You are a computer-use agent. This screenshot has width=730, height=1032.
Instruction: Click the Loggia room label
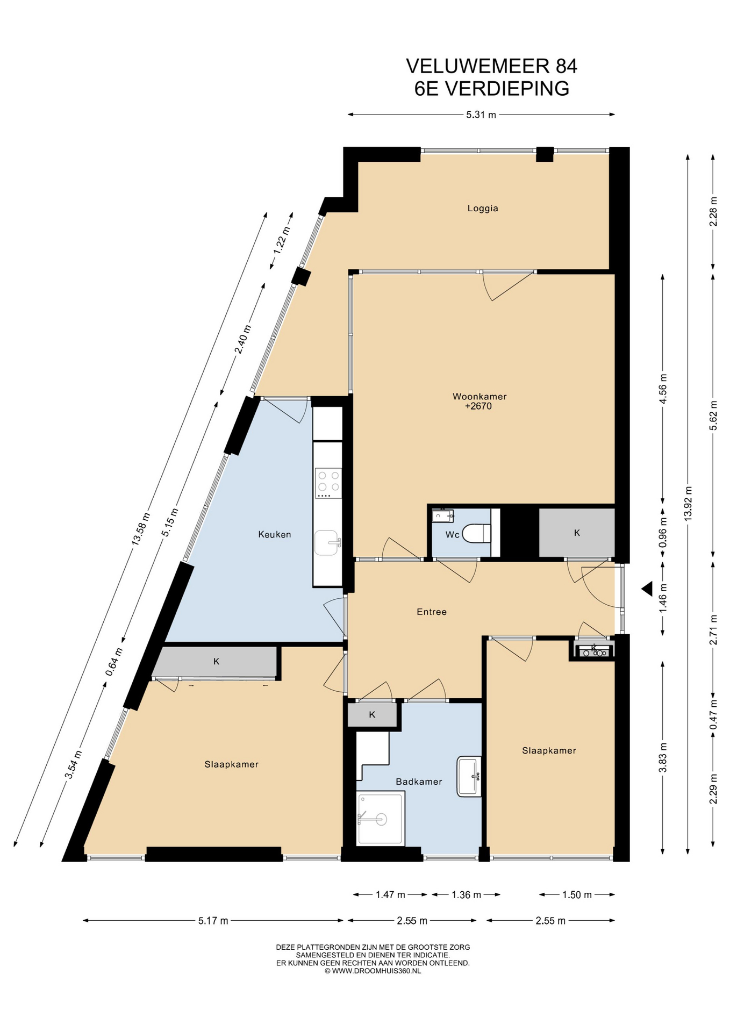[x=482, y=208]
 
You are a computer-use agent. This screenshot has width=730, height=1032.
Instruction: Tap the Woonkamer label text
[x=479, y=397]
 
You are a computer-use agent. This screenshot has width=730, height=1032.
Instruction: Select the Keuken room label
[x=274, y=534]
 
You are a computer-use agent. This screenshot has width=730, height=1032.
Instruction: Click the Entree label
[x=432, y=612]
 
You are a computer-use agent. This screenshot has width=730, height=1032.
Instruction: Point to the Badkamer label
[x=419, y=782]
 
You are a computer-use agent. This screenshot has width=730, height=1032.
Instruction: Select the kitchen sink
[x=327, y=543]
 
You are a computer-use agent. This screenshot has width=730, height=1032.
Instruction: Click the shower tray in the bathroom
[x=381, y=818]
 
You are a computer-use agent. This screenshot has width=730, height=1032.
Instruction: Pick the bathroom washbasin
[x=469, y=776]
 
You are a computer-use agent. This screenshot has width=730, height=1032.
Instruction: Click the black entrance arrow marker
[x=647, y=589]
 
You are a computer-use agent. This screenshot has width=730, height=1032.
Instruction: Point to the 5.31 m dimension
[x=481, y=114]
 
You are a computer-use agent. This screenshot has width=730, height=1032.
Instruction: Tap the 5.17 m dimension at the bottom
[x=213, y=921]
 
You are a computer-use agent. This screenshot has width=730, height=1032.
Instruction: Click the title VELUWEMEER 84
[x=491, y=66]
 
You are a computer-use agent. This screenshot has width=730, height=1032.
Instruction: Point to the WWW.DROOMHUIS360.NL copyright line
[x=373, y=971]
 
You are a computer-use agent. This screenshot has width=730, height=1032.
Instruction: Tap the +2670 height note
[x=478, y=406]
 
